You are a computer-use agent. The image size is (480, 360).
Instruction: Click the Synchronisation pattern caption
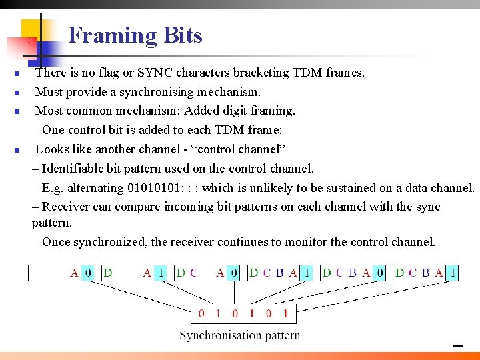tap(239, 335)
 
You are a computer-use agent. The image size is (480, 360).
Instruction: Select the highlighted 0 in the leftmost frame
tap(89, 273)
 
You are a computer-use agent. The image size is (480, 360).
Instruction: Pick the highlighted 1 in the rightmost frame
tap(453, 273)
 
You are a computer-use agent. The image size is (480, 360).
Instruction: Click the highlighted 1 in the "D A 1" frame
tap(161, 273)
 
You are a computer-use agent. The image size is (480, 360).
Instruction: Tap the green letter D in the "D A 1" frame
tap(108, 273)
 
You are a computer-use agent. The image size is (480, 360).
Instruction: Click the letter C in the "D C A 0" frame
tap(194, 273)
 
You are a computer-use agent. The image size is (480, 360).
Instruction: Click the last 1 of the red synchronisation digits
tap(285, 313)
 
